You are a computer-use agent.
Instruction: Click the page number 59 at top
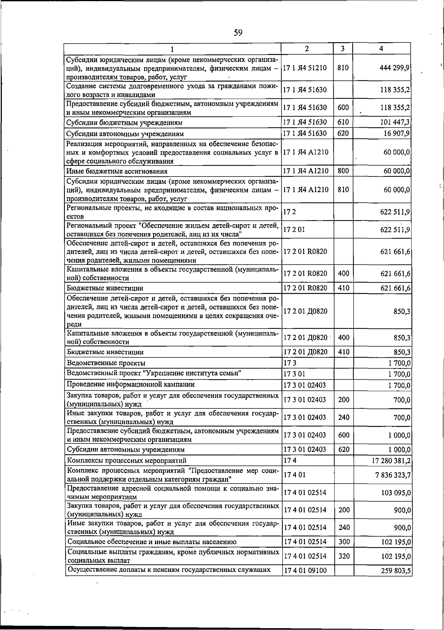coord(238,33)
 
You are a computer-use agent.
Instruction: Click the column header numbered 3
coord(343,48)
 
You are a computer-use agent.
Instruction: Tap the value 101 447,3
coord(395,122)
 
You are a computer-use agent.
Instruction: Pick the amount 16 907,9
coord(397,133)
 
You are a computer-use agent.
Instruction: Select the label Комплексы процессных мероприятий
coord(127,461)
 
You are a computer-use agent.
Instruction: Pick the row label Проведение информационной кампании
coord(131,384)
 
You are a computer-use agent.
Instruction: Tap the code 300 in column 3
coord(344,542)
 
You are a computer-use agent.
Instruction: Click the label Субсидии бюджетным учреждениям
coord(124,122)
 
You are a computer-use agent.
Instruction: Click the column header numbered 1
coord(172,48)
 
